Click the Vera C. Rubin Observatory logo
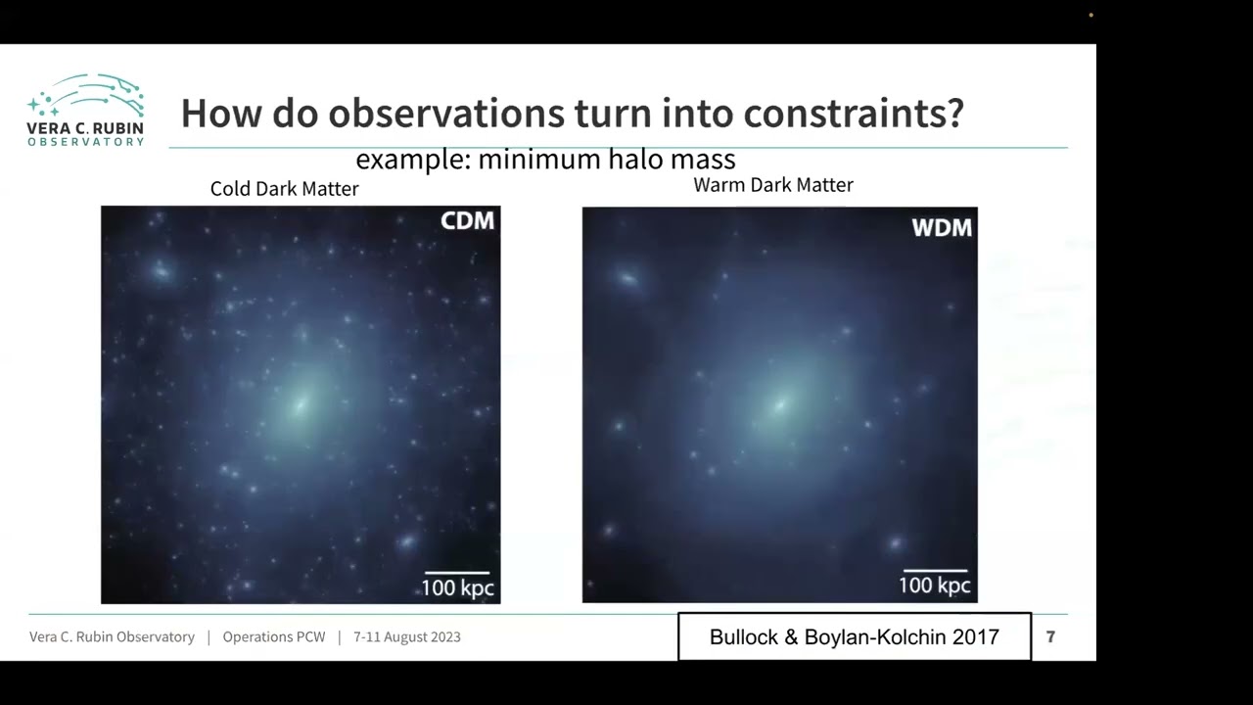tap(86, 110)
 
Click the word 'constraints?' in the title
tap(854, 114)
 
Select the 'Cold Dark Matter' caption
tap(284, 189)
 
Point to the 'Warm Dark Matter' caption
tap(773, 185)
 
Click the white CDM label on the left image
tap(467, 221)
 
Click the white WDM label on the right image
tap(942, 228)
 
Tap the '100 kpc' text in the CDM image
tap(457, 588)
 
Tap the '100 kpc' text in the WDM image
tap(935, 586)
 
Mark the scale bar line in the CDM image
tap(457, 572)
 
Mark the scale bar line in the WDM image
tap(935, 570)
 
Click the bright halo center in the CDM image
tap(301, 403)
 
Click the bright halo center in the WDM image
tap(780, 404)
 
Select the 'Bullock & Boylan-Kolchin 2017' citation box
tap(854, 637)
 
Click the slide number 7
tap(1050, 637)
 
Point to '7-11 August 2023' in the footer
tap(406, 637)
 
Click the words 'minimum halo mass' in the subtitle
tap(607, 160)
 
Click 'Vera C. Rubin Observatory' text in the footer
tap(112, 637)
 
